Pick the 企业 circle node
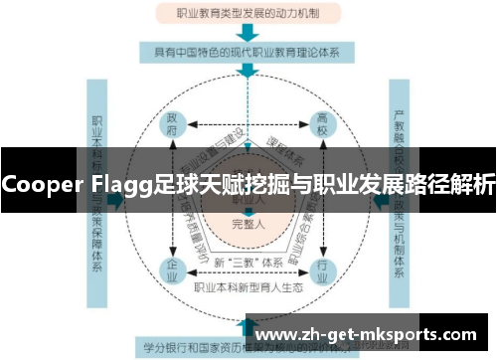click(x=172, y=269)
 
